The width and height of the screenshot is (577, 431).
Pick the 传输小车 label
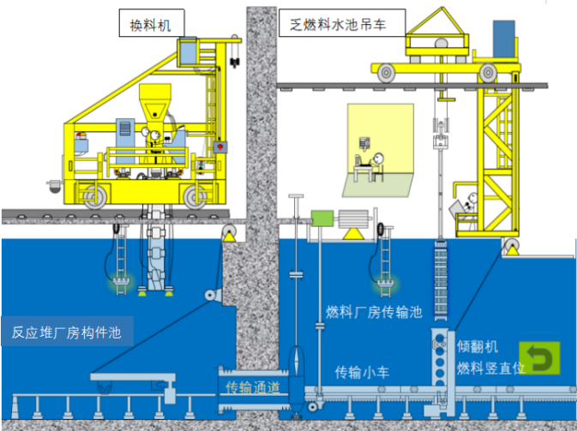365,372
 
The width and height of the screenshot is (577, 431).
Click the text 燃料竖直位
485,368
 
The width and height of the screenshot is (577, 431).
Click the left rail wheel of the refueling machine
93,196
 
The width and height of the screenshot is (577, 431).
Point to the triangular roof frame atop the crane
443,23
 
